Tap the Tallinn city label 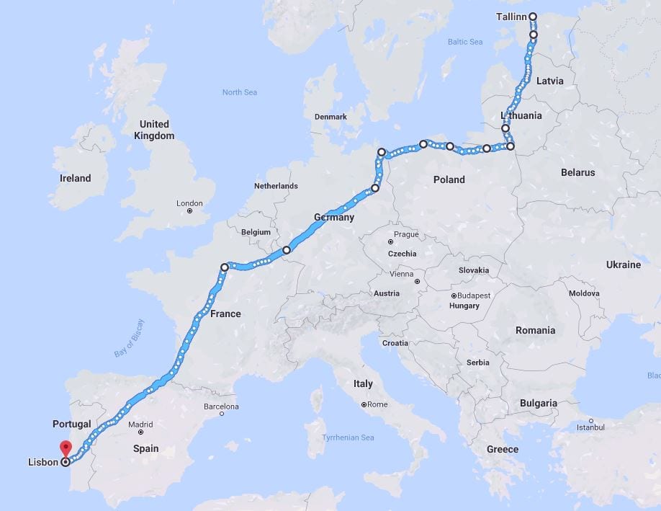pyautogui.click(x=512, y=17)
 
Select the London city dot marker pyautogui.click(x=189, y=211)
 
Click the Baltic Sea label pyautogui.click(x=465, y=42)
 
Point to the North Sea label pyautogui.click(x=239, y=92)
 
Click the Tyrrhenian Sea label pyautogui.click(x=349, y=437)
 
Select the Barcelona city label pyautogui.click(x=220, y=407)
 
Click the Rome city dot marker pyautogui.click(x=364, y=404)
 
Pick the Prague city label pyautogui.click(x=406, y=234)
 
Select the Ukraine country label pyautogui.click(x=623, y=265)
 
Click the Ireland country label pyautogui.click(x=76, y=178)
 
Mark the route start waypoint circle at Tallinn pyautogui.click(x=533, y=17)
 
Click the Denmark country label pyautogui.click(x=330, y=117)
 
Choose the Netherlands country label pyautogui.click(x=276, y=186)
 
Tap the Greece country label pyautogui.click(x=502, y=449)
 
